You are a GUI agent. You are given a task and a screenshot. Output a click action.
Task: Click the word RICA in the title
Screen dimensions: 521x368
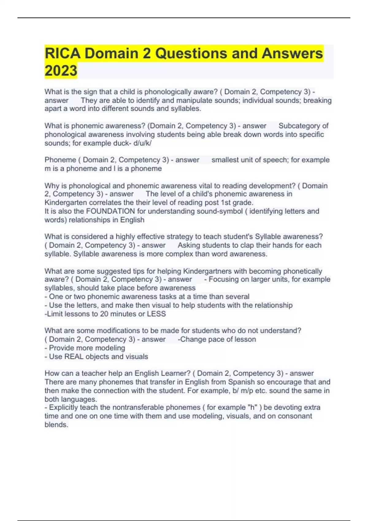(63, 53)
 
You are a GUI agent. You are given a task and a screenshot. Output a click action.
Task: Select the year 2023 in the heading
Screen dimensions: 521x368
(61, 71)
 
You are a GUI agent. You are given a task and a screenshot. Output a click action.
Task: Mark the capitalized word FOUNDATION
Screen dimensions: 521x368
(110, 211)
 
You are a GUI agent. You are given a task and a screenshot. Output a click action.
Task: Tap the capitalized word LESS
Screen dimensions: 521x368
(156, 314)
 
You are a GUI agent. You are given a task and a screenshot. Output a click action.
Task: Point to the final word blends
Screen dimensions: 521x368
(56, 425)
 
